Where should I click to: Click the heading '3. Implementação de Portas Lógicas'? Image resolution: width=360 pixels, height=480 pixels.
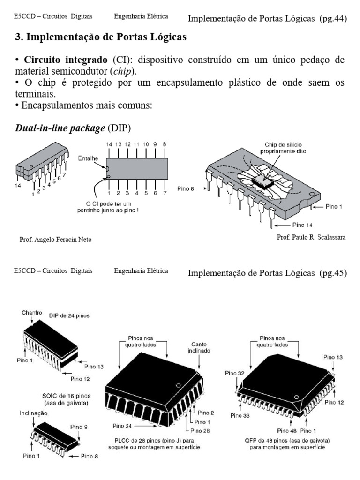click(101, 38)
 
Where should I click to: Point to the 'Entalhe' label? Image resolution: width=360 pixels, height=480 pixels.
click(88, 159)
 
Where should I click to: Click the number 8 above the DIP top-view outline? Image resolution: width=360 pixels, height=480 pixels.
click(164, 145)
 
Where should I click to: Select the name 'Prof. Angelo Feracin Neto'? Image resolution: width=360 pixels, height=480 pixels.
click(55, 240)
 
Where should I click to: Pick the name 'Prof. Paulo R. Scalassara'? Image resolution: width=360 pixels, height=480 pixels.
click(311, 237)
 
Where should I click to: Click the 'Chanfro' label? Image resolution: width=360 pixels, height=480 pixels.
click(31, 313)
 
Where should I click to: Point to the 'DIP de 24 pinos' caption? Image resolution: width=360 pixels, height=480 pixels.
click(70, 315)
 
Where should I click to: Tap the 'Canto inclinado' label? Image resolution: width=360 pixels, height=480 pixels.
click(200, 347)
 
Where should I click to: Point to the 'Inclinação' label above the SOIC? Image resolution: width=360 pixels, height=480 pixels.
click(34, 413)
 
